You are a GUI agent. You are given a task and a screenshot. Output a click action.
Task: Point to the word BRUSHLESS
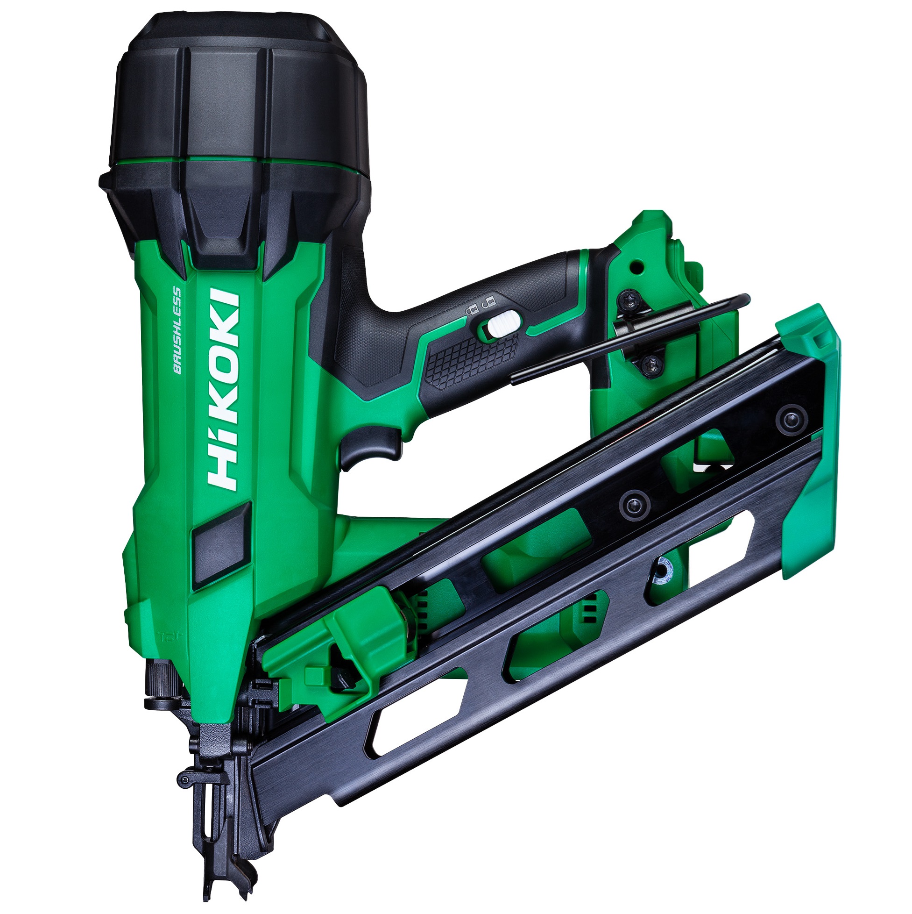pyautogui.click(x=177, y=330)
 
